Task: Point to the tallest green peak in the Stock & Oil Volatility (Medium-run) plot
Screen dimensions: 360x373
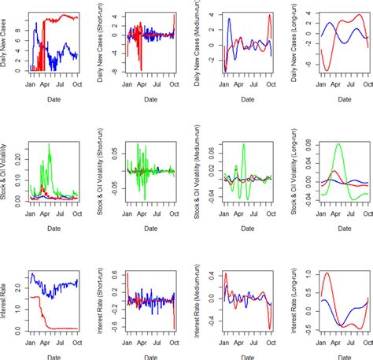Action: pyautogui.click(x=243, y=144)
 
